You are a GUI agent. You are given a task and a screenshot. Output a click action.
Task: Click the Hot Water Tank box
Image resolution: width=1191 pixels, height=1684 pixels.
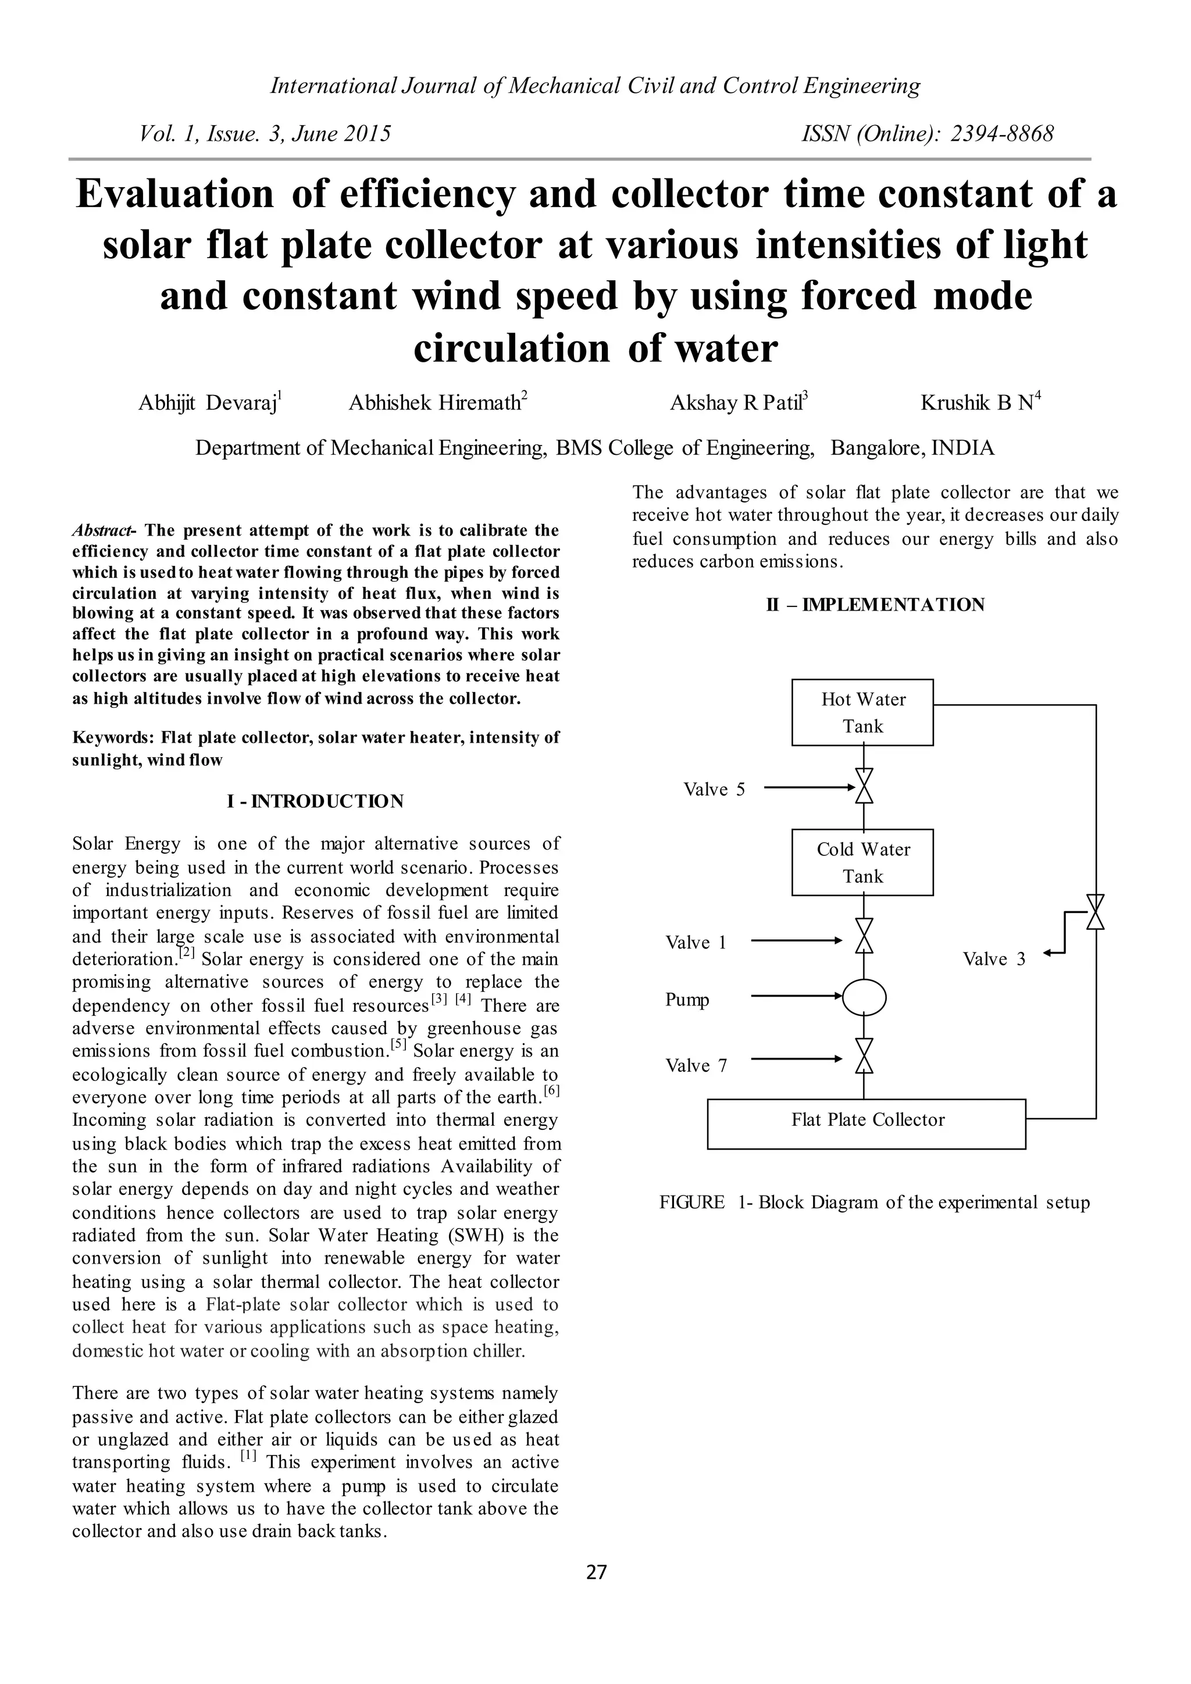tap(862, 712)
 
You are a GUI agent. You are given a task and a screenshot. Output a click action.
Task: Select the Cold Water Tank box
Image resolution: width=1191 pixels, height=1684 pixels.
tap(862, 862)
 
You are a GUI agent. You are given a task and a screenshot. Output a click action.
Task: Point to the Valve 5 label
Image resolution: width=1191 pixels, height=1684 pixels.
tap(714, 789)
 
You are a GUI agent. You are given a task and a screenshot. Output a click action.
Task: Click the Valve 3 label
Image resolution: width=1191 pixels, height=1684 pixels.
tap(994, 959)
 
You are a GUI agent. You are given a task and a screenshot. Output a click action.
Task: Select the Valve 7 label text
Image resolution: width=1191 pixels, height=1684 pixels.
tap(696, 1066)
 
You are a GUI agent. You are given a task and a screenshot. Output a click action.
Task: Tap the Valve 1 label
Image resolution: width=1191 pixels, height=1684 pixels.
tap(696, 943)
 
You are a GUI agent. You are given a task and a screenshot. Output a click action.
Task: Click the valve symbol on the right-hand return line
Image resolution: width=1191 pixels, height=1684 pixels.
tap(1095, 912)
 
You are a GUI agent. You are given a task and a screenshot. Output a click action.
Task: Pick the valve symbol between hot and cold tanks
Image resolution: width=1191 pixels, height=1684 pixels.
tap(865, 786)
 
